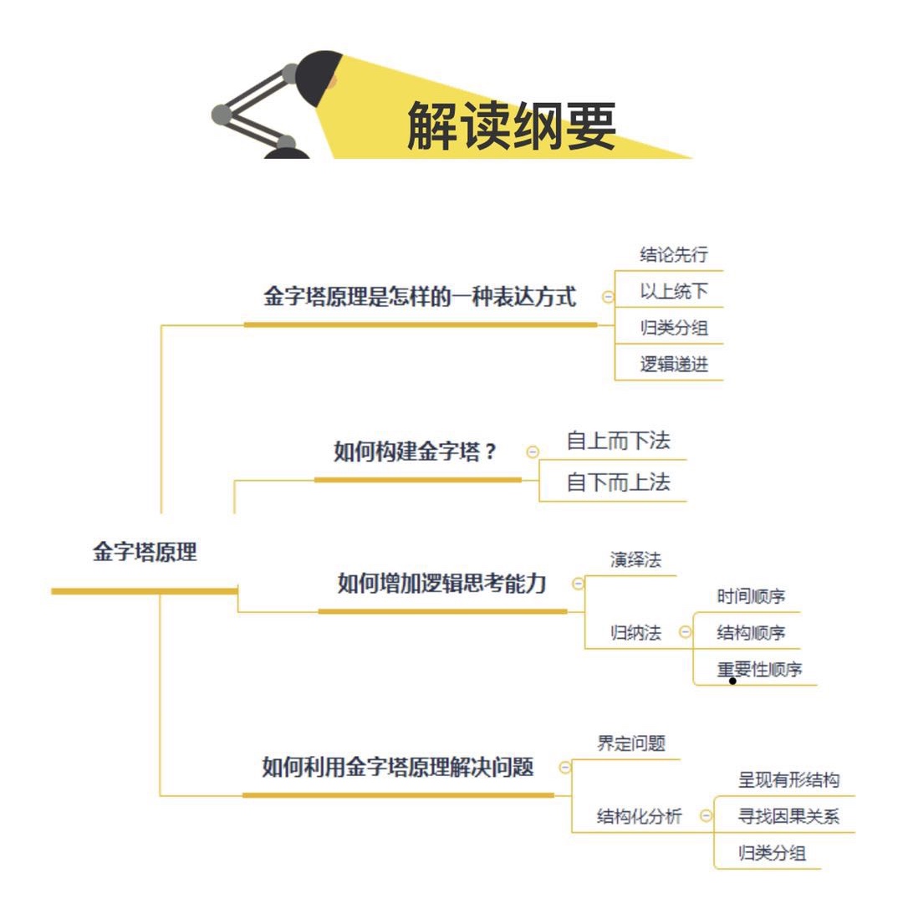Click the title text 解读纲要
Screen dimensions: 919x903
(x=511, y=128)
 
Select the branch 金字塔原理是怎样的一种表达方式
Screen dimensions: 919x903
(x=420, y=298)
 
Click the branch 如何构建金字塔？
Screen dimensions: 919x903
(x=416, y=452)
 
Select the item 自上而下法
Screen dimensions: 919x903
(x=618, y=440)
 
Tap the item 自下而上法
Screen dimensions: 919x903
(x=618, y=482)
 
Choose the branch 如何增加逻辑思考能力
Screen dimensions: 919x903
(x=441, y=584)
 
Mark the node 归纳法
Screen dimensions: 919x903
(x=635, y=633)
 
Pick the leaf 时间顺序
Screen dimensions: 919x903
(x=751, y=597)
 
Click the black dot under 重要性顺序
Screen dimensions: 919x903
(x=732, y=681)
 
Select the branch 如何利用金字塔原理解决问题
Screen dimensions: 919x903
(x=397, y=767)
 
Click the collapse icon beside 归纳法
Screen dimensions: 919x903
(x=685, y=633)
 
